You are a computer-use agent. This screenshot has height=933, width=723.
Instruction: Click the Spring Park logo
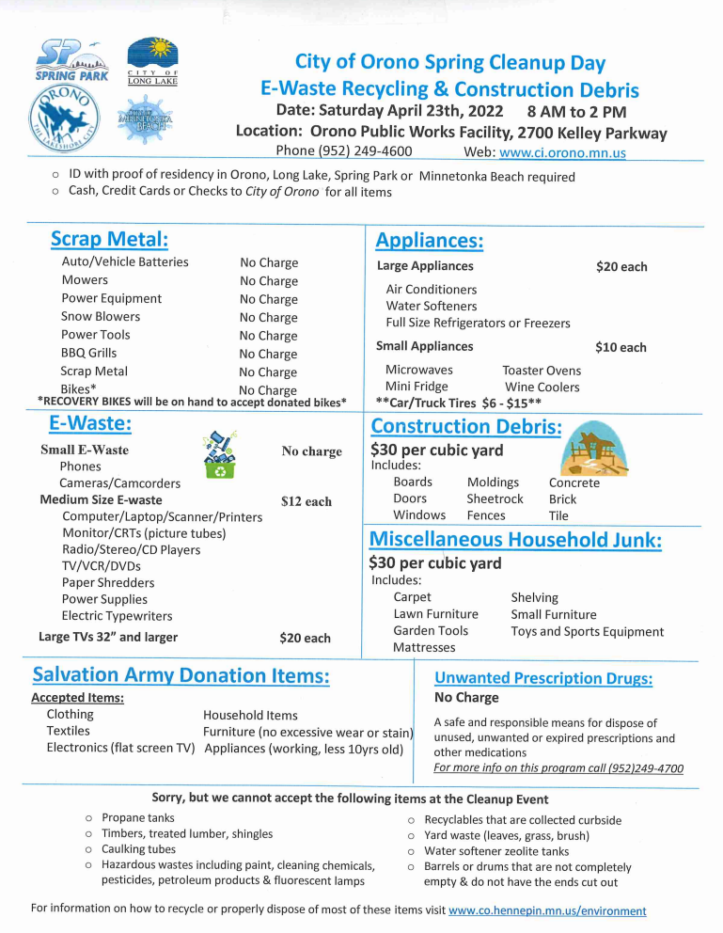click(x=71, y=61)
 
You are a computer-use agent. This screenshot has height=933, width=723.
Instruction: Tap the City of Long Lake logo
click(x=151, y=62)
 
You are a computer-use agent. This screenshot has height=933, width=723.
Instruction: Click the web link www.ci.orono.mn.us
click(x=562, y=152)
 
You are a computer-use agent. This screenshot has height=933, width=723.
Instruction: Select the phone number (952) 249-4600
click(x=343, y=151)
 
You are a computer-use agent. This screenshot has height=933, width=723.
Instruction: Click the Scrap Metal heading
click(x=109, y=239)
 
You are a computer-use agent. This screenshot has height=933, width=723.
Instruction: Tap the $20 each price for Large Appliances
click(x=621, y=267)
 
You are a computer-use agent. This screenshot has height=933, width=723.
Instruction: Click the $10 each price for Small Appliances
click(x=621, y=347)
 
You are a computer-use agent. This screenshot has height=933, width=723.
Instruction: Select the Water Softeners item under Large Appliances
click(x=431, y=306)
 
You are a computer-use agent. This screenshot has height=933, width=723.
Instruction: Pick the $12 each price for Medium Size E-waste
click(x=306, y=501)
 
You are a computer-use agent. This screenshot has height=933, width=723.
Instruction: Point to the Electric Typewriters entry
click(x=117, y=616)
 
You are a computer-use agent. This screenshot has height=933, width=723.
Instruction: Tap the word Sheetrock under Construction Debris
click(x=495, y=498)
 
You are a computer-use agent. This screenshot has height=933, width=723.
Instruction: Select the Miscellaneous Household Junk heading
click(x=515, y=540)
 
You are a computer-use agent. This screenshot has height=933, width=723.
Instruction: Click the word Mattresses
click(x=424, y=647)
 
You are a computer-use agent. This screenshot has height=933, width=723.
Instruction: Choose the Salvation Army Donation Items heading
click(x=181, y=675)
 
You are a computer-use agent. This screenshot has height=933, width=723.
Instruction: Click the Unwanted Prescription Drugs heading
click(x=543, y=678)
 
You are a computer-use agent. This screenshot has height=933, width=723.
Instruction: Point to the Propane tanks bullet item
click(x=137, y=818)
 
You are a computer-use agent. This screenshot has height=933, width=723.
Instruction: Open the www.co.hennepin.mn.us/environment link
click(x=547, y=910)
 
